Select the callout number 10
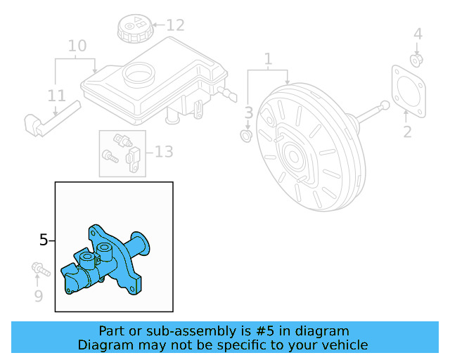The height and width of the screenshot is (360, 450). click(x=77, y=46)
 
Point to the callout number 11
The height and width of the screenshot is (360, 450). click(x=57, y=96)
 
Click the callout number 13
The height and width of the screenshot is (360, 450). click(x=163, y=151)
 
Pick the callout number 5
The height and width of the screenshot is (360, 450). click(x=44, y=240)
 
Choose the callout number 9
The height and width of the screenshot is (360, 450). click(x=38, y=296)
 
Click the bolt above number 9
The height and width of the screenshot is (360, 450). click(x=37, y=269)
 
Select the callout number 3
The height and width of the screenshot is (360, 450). click(x=248, y=112)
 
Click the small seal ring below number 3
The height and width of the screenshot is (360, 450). click(x=247, y=134)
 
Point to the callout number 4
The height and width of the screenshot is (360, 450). click(x=418, y=34)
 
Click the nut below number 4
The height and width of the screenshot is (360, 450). click(x=416, y=60)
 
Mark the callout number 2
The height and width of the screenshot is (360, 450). click(x=407, y=131)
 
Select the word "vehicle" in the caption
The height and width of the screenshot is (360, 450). click(x=344, y=345)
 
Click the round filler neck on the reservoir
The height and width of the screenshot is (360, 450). click(x=139, y=72)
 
